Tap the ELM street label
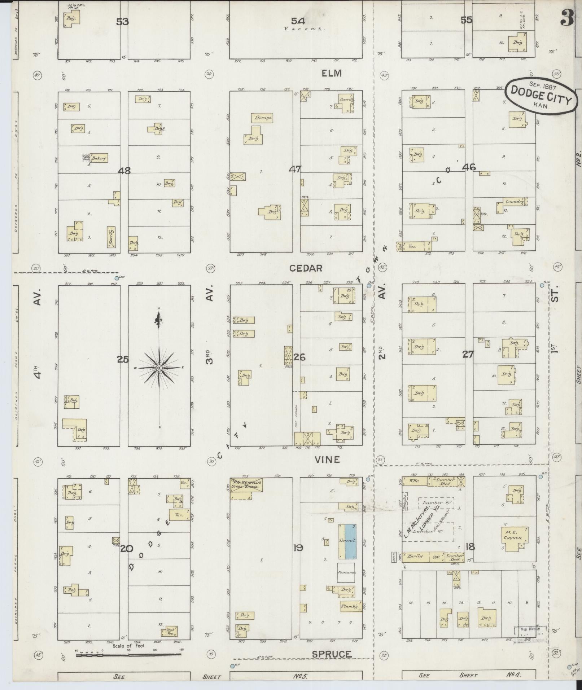pyautogui.click(x=332, y=74)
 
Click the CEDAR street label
pyautogui.click(x=306, y=268)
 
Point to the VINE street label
pyautogui.click(x=327, y=460)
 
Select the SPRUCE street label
pyautogui.click(x=331, y=654)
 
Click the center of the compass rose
pyautogui.click(x=159, y=368)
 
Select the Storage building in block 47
pyautogui.click(x=262, y=118)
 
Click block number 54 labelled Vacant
pyautogui.click(x=298, y=21)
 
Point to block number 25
pyautogui.click(x=122, y=359)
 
